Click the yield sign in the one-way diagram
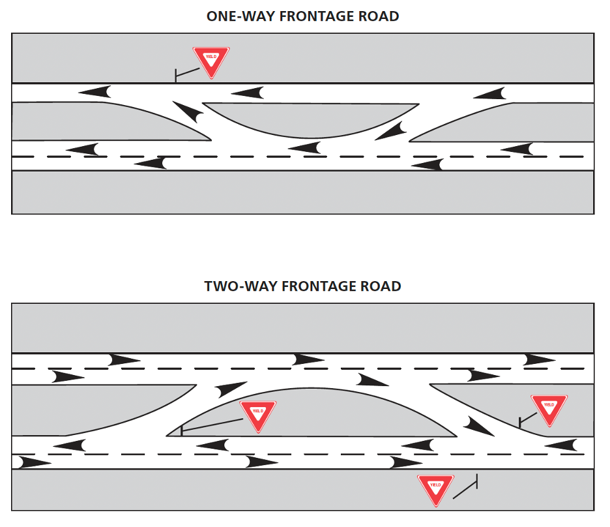click(211, 61)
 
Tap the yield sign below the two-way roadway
click(435, 489)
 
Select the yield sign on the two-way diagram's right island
click(549, 410)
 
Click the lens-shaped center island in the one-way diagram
click(311, 117)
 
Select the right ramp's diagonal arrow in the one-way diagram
click(390, 131)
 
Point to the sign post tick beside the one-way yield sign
click(175, 76)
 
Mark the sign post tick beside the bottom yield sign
click(477, 481)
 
